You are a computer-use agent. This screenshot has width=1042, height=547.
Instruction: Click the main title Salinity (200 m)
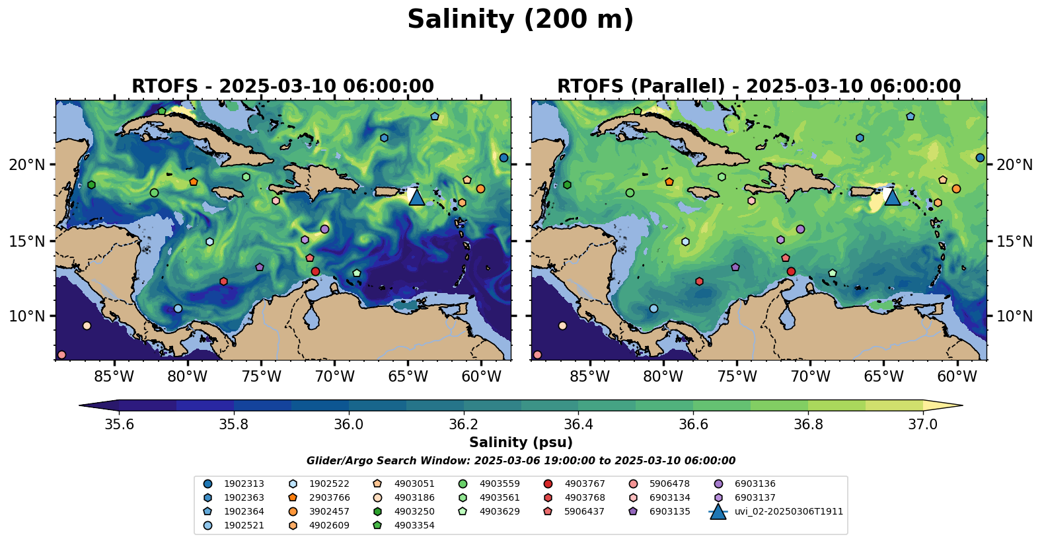point(520,20)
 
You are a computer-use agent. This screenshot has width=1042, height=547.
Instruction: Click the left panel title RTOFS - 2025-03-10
point(283,87)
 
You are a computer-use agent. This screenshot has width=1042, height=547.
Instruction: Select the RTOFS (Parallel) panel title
point(759,87)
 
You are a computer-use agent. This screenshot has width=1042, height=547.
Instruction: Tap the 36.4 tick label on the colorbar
point(578,424)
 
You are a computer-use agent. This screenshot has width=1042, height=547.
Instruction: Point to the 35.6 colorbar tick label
point(119,424)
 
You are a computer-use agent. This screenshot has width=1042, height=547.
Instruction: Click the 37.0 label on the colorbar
point(922,424)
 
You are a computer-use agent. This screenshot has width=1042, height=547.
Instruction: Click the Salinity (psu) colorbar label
point(521,442)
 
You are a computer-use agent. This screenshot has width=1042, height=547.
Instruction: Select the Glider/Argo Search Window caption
point(521,461)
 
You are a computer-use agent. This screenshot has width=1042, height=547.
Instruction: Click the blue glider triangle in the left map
point(416,197)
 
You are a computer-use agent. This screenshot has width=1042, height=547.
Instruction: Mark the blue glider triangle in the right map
point(892,197)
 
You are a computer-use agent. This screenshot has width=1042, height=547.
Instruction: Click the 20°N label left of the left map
point(27,165)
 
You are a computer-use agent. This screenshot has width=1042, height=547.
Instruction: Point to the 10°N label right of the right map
point(1014,316)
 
